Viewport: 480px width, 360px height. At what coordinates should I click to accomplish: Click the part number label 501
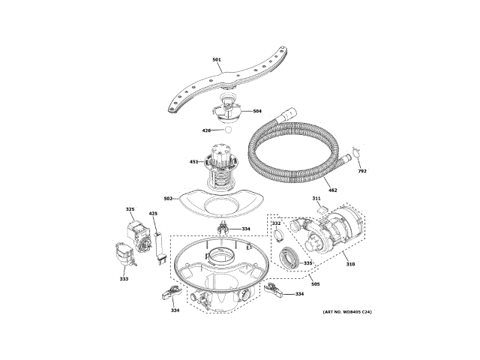216,60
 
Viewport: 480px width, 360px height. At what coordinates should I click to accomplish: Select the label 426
206,130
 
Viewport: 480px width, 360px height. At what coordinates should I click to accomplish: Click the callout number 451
193,162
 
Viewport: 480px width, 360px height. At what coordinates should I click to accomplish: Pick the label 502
169,199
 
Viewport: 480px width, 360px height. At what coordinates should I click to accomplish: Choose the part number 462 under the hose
333,190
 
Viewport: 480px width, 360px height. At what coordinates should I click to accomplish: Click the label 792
362,172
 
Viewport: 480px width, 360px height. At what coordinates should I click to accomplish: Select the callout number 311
316,199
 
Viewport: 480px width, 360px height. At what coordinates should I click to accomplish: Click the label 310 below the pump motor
350,264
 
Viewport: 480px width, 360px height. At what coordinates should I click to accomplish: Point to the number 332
275,223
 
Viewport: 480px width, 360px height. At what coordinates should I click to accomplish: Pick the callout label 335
307,263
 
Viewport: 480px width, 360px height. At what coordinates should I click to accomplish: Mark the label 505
316,283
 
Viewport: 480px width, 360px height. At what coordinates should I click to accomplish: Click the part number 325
130,210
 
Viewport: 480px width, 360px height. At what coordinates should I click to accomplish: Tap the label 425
154,214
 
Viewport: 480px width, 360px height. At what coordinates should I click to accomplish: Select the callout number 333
124,279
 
